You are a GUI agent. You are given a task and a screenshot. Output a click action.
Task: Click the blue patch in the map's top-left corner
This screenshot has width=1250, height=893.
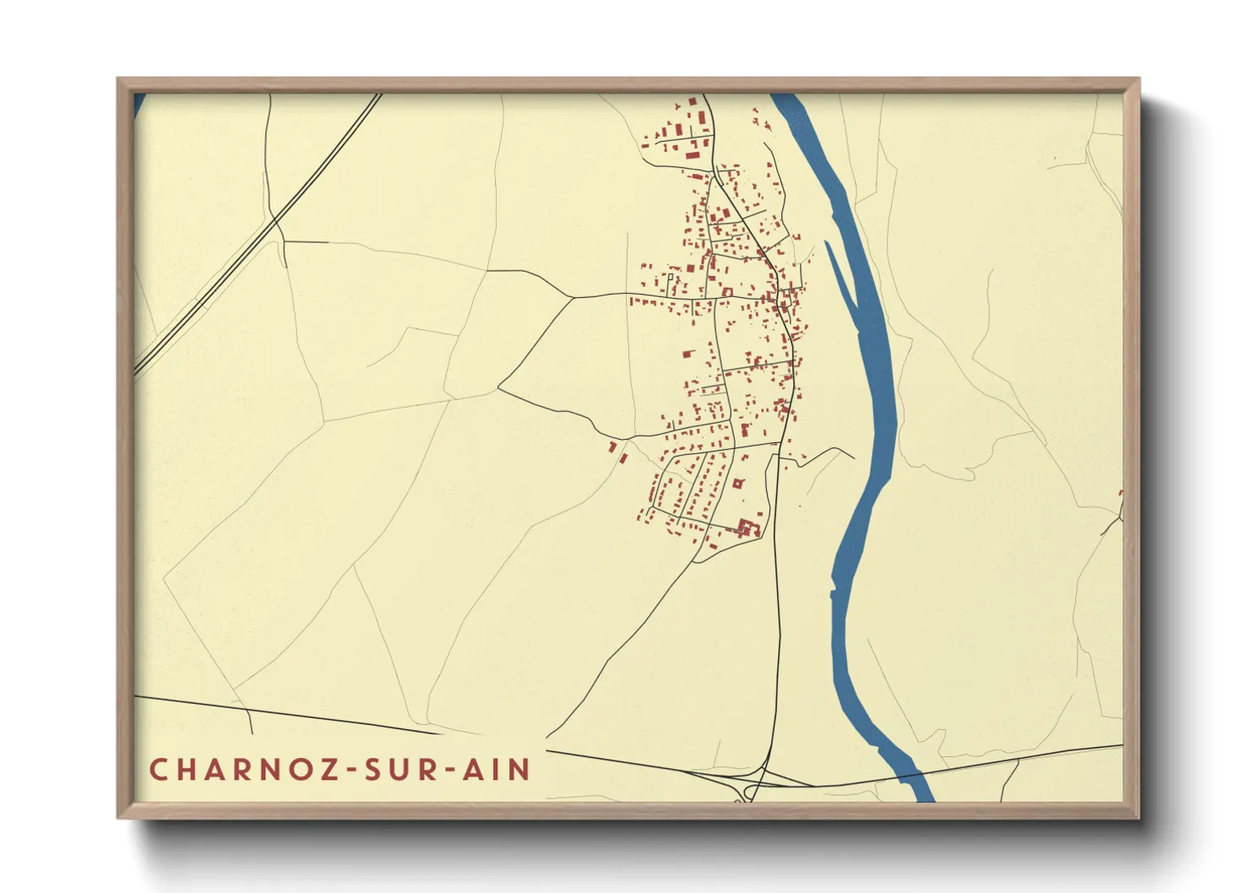(139, 104)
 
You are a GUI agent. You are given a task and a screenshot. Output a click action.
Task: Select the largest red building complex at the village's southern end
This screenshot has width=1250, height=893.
(747, 528)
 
